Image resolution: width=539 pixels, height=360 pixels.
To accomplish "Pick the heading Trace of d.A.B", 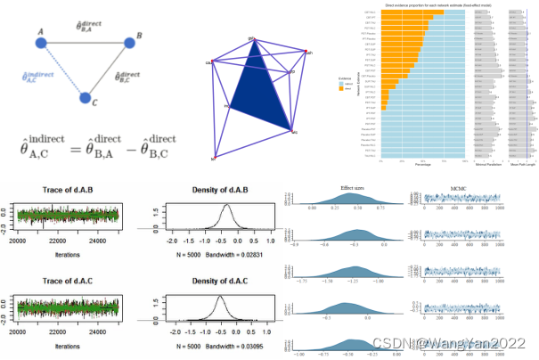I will click(x=68, y=189).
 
